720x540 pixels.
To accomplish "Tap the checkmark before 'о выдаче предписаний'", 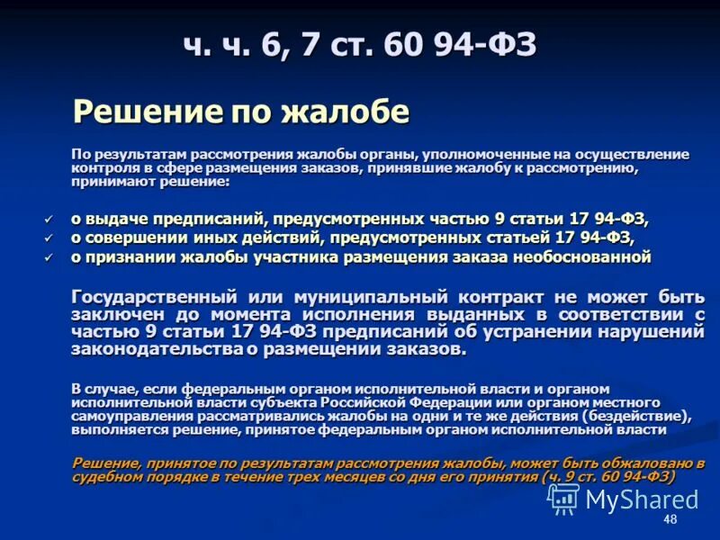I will tap(49, 218).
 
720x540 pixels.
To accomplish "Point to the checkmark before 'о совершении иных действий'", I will tap(49, 238).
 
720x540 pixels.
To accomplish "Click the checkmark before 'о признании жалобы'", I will tap(49, 257).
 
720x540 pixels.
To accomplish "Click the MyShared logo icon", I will tap(563, 498).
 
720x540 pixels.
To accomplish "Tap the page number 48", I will tap(670, 520).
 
